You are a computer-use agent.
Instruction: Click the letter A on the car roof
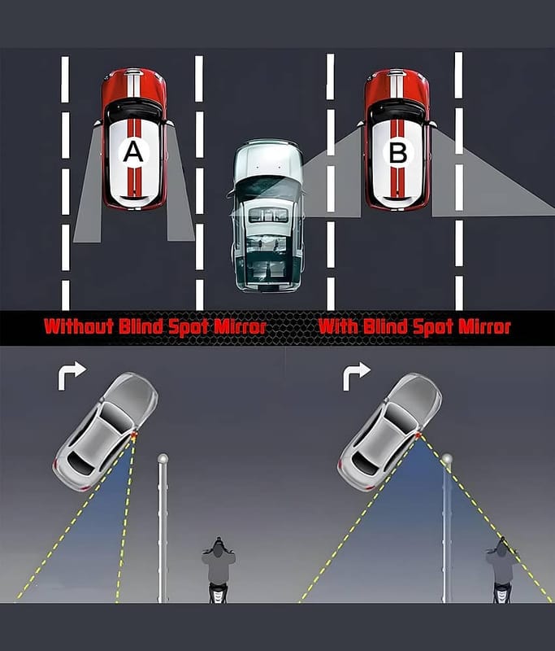coord(133,152)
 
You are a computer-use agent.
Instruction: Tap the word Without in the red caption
coord(79,327)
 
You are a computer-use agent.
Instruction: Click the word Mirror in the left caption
coord(239,327)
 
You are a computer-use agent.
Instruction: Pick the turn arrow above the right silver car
coord(356,376)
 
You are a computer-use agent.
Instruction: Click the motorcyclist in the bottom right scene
coord(502,570)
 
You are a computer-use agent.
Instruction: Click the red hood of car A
coord(134,88)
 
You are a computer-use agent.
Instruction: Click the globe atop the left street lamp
coord(163,459)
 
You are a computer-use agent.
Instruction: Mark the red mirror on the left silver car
coord(133,435)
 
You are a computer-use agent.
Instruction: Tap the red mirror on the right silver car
coord(418,435)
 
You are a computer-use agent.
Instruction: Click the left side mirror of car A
coord(98,123)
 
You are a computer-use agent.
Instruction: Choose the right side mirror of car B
coord(433,124)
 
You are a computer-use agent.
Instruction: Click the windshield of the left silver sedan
coord(117,416)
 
